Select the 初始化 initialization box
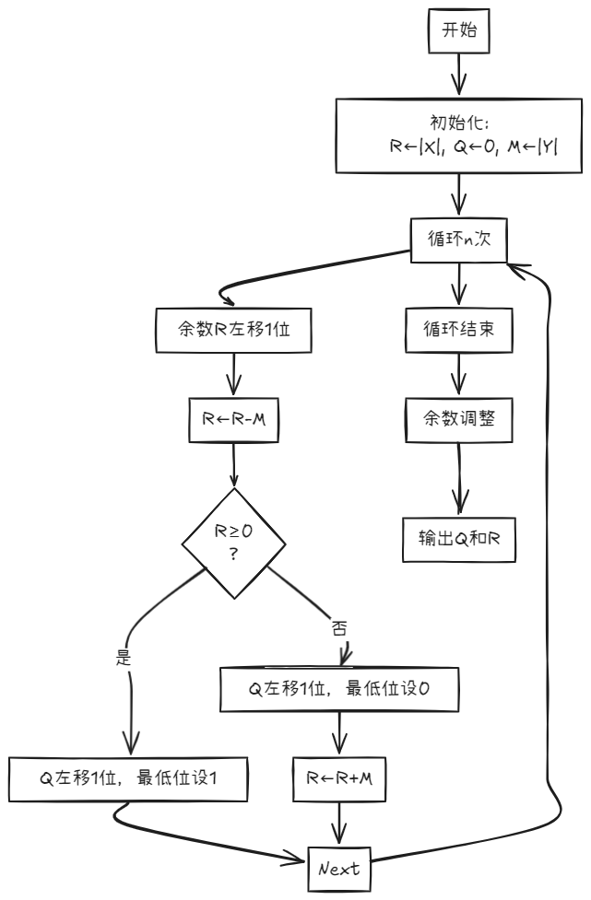tap(458, 135)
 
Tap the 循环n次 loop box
tap(458, 238)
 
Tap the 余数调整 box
tap(458, 419)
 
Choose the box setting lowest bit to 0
tap(340, 690)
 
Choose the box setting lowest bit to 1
tap(129, 779)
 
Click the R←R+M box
tap(340, 779)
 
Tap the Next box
tap(340, 867)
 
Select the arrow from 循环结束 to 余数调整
tap(458, 374)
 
